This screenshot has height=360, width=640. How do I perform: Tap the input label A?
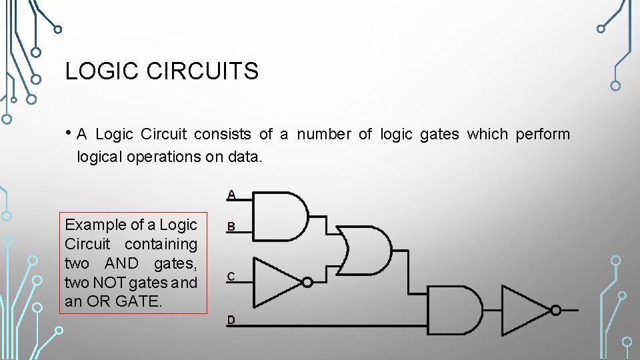(x=231, y=195)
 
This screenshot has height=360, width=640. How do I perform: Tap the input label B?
(x=231, y=227)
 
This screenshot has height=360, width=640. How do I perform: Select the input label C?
(x=231, y=276)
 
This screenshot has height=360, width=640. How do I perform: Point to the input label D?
(x=231, y=320)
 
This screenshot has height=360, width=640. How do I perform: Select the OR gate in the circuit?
(x=365, y=250)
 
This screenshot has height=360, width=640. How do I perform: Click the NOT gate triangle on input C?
(x=277, y=282)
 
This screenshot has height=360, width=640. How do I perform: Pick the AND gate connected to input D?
(x=453, y=310)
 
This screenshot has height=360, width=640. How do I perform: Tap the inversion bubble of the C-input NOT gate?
(x=307, y=282)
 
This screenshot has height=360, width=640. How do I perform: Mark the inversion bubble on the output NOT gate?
(x=556, y=310)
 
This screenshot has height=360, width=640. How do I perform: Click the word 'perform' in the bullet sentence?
(x=543, y=135)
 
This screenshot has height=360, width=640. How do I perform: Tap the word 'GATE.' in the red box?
(x=139, y=301)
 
